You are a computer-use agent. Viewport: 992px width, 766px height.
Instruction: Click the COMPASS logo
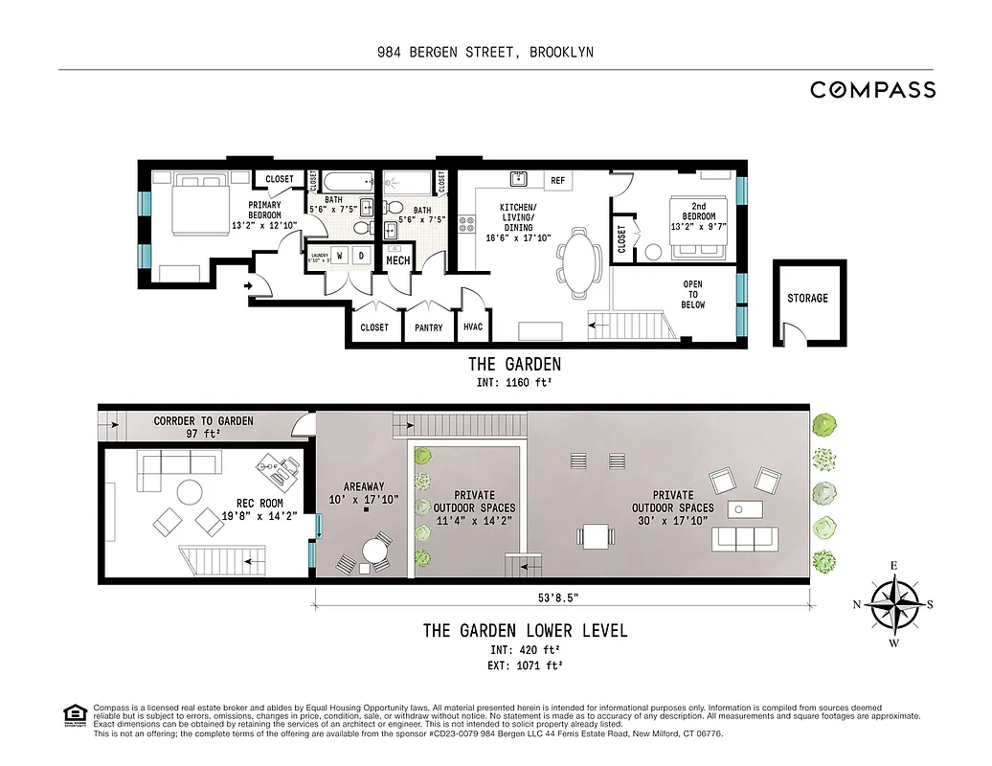pos(872,90)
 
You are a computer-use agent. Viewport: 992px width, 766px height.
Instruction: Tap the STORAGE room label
pos(807,298)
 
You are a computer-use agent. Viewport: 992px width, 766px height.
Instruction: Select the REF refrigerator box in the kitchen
pos(558,180)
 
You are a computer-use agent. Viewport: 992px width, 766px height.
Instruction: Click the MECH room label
pos(397,260)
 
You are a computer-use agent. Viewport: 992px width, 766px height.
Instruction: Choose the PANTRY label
pos(429,327)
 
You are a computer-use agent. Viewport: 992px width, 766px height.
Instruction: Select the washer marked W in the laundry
pos(340,256)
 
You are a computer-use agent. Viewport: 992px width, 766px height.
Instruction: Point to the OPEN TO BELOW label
pos(692,294)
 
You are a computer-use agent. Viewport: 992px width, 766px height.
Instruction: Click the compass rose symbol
pos(894,605)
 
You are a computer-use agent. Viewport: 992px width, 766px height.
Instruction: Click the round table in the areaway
pos(373,552)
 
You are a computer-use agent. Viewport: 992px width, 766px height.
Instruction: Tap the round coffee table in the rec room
pos(189,490)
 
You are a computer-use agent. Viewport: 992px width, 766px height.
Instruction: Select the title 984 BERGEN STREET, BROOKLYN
pos(485,53)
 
